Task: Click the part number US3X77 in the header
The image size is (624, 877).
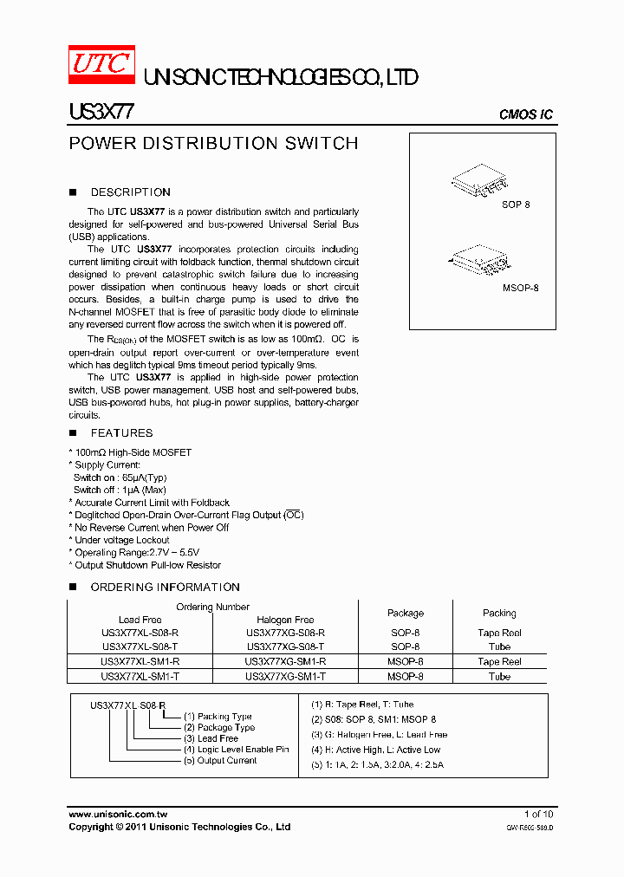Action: click(101, 113)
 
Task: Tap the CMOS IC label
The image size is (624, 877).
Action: click(525, 114)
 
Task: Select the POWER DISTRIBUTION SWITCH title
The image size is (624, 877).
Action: click(213, 144)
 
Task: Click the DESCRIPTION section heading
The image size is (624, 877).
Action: click(130, 192)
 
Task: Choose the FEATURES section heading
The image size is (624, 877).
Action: click(121, 433)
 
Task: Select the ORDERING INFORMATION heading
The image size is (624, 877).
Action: click(165, 588)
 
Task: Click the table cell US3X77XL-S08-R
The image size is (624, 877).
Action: click(140, 633)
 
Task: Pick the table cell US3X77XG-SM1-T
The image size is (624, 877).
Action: click(285, 676)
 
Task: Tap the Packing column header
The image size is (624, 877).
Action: click(499, 613)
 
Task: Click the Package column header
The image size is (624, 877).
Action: click(406, 613)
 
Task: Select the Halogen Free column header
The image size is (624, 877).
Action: click(285, 620)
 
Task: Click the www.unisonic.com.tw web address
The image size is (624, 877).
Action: click(117, 815)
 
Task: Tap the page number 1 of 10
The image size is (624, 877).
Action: click(538, 815)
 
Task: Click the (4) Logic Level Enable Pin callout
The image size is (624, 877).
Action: click(236, 750)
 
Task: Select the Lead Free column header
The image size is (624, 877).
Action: click(140, 620)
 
